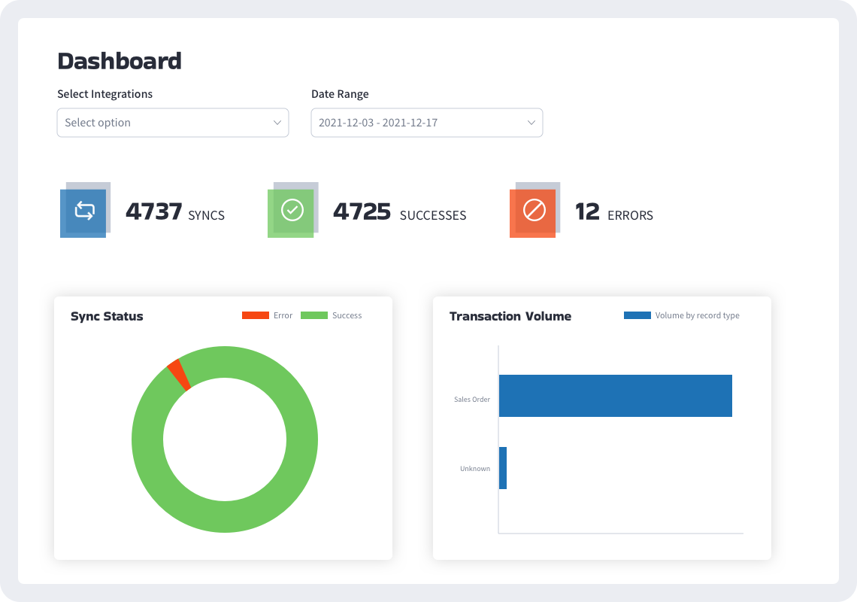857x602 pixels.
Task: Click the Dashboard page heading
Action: (x=119, y=61)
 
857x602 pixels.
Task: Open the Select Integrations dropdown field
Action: (x=172, y=123)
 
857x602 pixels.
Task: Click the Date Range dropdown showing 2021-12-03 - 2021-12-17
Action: (x=426, y=123)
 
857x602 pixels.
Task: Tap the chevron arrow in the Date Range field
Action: (x=531, y=123)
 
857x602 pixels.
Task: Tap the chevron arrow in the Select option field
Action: (x=277, y=123)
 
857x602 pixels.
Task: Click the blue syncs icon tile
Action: (x=83, y=213)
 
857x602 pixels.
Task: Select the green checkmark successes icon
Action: (x=291, y=213)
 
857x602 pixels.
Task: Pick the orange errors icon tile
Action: (x=533, y=213)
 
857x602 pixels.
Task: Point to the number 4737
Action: (x=153, y=212)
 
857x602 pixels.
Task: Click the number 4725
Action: (x=362, y=212)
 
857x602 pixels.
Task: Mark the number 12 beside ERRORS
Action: (x=587, y=212)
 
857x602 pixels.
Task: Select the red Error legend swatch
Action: (x=255, y=315)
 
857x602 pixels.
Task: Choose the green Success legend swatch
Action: (x=313, y=315)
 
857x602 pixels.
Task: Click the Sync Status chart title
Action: (x=107, y=316)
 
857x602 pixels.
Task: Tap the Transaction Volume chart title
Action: (x=510, y=316)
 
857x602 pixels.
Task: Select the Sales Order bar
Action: (x=615, y=396)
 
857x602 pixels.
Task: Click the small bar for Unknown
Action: (x=503, y=468)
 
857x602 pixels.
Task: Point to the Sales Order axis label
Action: (x=471, y=400)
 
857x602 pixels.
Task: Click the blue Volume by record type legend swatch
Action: (x=637, y=315)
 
